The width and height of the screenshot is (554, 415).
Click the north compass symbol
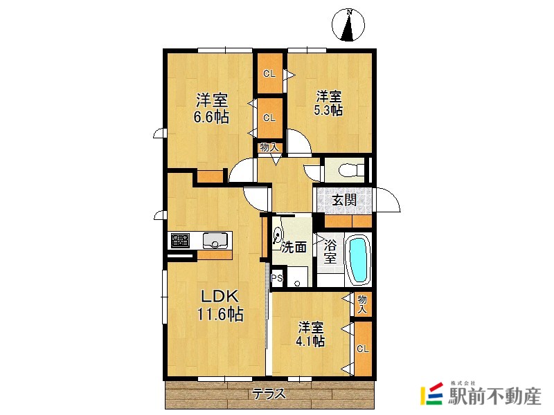[350, 26]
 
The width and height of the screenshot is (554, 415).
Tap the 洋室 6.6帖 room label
[211, 107]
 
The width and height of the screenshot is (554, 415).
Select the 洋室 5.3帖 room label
[329, 102]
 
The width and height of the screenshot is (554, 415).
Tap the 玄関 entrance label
[343, 201]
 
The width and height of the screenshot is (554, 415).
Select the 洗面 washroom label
[294, 247]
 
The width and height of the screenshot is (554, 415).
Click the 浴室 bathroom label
[330, 252]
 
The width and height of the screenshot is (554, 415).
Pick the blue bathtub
[357, 259]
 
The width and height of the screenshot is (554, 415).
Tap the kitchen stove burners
[181, 241]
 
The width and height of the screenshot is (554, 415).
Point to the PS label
[276, 279]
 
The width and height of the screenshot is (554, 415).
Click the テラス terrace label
[269, 395]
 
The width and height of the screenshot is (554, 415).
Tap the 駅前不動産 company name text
[494, 397]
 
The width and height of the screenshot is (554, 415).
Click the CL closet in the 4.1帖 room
[362, 349]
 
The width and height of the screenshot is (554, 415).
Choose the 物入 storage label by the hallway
[269, 147]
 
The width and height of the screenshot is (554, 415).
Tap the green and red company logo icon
[431, 394]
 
